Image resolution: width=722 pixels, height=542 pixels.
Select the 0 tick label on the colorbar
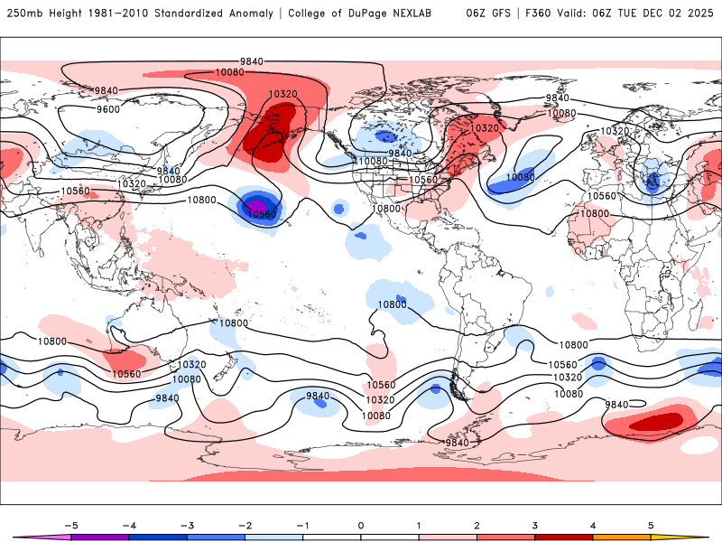click(x=360, y=524)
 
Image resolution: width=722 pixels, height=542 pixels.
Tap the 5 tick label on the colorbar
click(x=651, y=524)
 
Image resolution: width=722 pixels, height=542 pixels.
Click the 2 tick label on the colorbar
click(x=477, y=524)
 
